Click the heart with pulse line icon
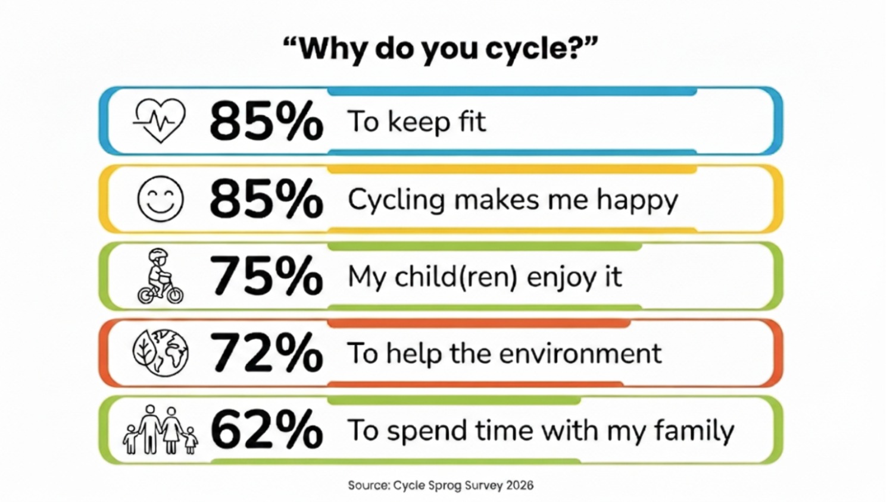click(159, 120)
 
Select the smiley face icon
click(160, 199)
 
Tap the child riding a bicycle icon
click(160, 277)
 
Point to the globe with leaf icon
click(160, 353)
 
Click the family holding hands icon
click(160, 430)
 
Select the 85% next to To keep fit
click(266, 121)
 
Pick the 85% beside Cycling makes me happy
click(266, 199)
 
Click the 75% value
click(266, 276)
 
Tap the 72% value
click(266, 353)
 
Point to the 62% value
click(266, 430)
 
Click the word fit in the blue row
click(472, 121)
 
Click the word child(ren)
click(456, 277)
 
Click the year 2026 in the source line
click(520, 485)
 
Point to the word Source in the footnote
click(368, 485)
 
